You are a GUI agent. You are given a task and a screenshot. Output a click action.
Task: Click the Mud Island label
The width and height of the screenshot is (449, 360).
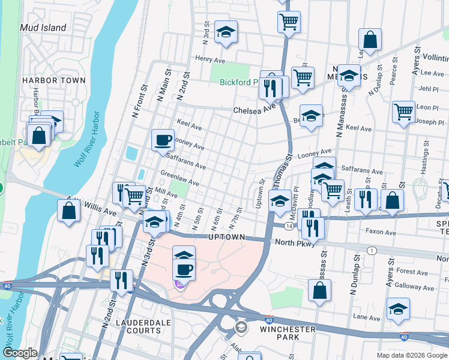tap(43, 28)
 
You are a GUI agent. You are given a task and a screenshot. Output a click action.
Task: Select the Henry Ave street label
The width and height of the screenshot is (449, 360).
tap(209, 59)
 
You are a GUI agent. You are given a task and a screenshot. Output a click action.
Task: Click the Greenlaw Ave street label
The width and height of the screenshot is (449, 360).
tap(179, 178)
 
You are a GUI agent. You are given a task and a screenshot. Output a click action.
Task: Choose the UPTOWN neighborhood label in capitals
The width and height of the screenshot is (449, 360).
tap(226, 238)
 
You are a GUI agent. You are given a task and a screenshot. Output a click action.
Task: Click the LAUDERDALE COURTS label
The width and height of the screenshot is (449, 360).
tap(143, 326)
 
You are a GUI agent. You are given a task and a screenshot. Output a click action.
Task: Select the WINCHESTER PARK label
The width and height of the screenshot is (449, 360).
tap(288, 333)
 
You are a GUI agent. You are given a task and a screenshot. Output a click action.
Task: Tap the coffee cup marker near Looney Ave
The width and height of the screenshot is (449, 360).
tap(163, 140)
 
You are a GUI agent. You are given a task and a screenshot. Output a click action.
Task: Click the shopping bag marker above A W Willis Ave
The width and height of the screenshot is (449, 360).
tap(69, 211)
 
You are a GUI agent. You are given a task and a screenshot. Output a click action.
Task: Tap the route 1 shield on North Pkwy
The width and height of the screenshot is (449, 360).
tap(372, 250)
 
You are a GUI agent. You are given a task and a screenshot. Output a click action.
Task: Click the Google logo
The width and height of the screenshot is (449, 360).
tap(20, 353)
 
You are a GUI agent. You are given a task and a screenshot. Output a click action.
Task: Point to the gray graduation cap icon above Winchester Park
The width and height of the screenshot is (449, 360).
tap(241, 327)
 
